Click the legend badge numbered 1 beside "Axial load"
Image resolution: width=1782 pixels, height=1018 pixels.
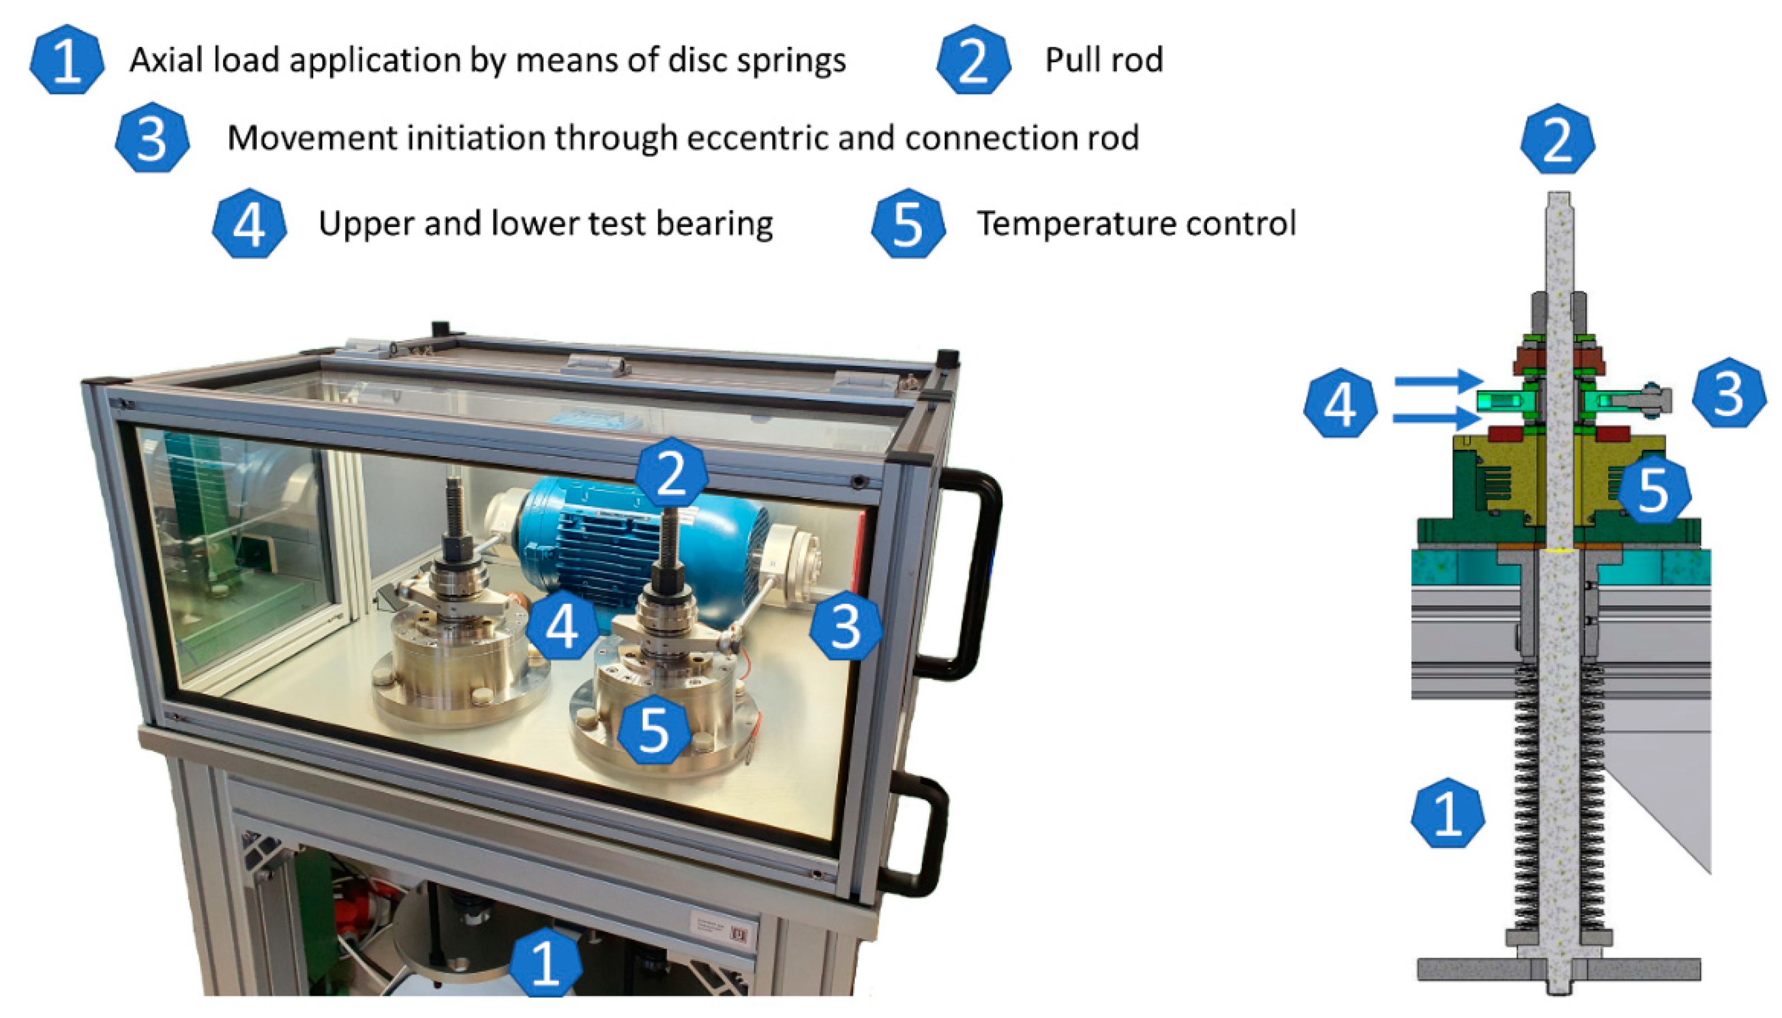point(67,60)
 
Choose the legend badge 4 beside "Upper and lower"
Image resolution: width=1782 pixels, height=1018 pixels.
point(249,223)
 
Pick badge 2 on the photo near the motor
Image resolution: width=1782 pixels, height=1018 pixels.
point(671,473)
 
